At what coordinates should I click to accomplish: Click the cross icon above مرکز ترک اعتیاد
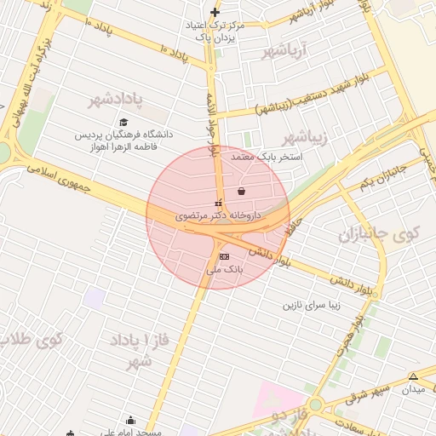[x=215, y=12]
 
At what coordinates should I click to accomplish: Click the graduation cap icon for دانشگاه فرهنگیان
[x=124, y=122]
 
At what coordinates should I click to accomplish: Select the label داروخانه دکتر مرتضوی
[x=217, y=216]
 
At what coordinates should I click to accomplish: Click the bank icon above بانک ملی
[x=224, y=255]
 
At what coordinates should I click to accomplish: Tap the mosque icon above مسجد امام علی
[x=130, y=420]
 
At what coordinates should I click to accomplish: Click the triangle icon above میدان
[x=413, y=376]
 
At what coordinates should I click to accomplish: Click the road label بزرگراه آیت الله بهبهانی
[x=26, y=77]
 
